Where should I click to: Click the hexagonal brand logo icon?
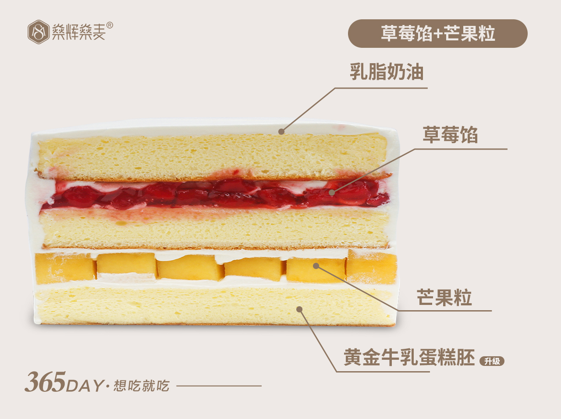[38, 32]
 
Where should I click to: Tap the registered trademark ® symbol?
[110, 25]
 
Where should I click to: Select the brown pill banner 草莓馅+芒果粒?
[437, 34]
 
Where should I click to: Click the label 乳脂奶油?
[387, 72]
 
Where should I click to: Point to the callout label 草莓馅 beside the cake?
[450, 135]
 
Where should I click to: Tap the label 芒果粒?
[444, 297]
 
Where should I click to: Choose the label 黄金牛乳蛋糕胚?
[409, 357]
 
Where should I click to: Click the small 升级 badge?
[492, 361]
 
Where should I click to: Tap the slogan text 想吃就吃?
[141, 386]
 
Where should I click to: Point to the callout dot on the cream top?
[281, 131]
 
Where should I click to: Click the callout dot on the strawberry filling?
[332, 192]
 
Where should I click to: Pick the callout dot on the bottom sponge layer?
[299, 309]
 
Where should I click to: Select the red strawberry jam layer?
[210, 194]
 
